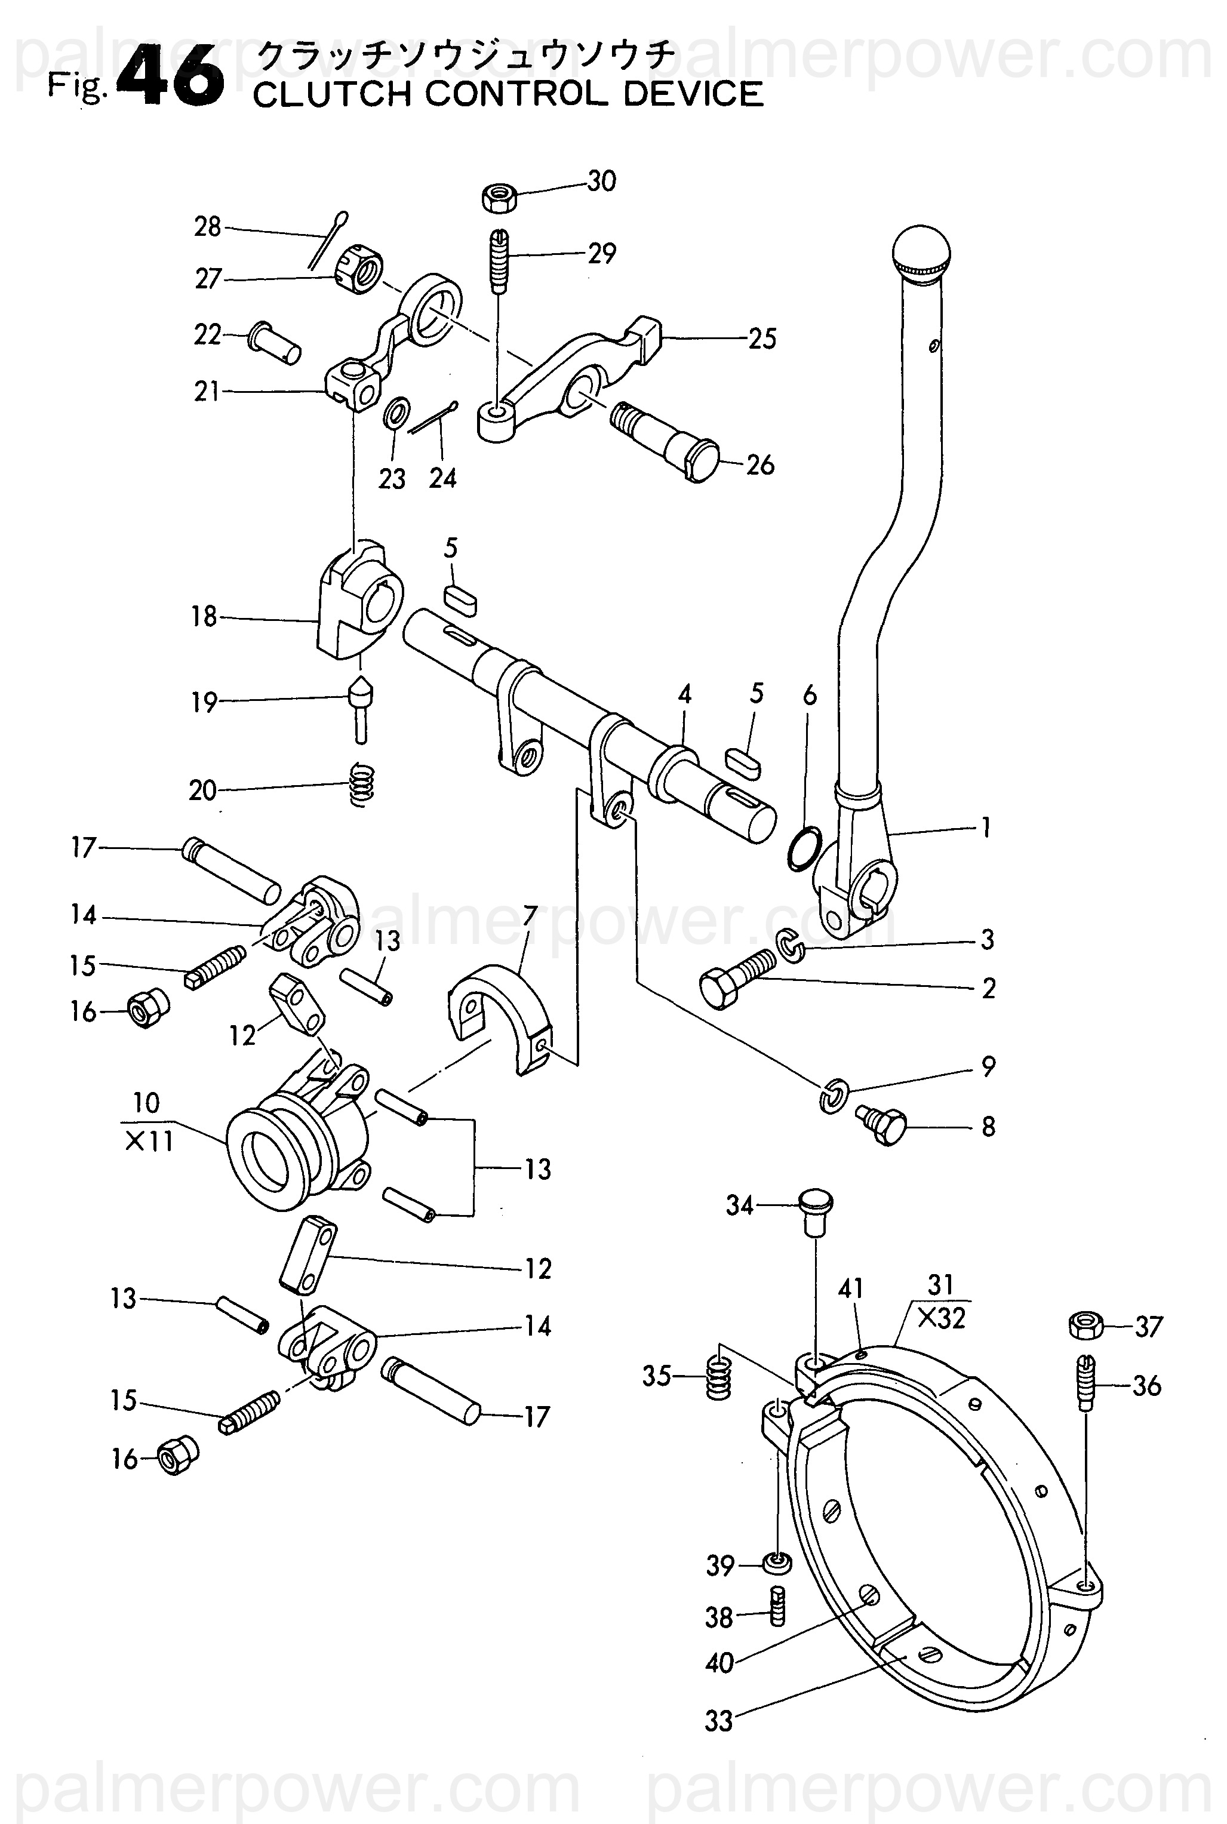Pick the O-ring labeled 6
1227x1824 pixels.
click(x=803, y=848)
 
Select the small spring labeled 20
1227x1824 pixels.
click(x=361, y=784)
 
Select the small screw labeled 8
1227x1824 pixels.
click(x=879, y=1124)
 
